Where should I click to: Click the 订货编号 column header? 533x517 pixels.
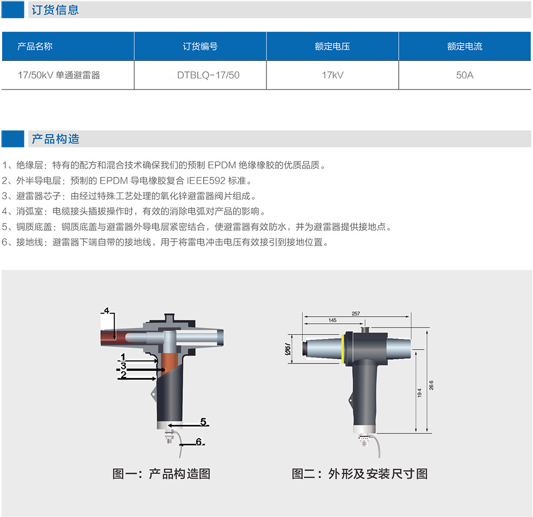[x=200, y=46]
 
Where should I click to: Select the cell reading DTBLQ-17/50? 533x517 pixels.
[x=200, y=75]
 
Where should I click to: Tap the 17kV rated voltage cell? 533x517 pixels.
[x=333, y=75]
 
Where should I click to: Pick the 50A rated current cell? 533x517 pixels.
[x=465, y=75]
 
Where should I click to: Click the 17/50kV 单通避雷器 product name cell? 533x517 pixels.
[x=68, y=75]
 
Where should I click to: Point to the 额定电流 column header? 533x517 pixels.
[x=465, y=46]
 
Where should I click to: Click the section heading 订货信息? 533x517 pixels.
[x=55, y=10]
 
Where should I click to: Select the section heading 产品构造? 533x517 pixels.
[x=55, y=139]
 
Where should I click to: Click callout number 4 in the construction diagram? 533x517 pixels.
[x=107, y=310]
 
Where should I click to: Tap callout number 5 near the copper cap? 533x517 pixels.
[x=203, y=422]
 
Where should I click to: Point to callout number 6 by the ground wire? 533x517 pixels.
[x=199, y=441]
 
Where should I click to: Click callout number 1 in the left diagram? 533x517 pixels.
[x=123, y=357]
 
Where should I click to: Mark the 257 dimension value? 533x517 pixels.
[x=356, y=313]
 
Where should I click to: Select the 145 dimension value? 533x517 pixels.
[x=333, y=320]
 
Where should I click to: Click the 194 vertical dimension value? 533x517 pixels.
[x=419, y=393]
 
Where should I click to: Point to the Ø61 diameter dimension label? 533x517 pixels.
[x=288, y=349]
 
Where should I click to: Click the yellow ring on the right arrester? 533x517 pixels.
[x=343, y=349]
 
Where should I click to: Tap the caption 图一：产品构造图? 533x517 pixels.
[x=161, y=473]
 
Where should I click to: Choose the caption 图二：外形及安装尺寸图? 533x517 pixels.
[x=360, y=473]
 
